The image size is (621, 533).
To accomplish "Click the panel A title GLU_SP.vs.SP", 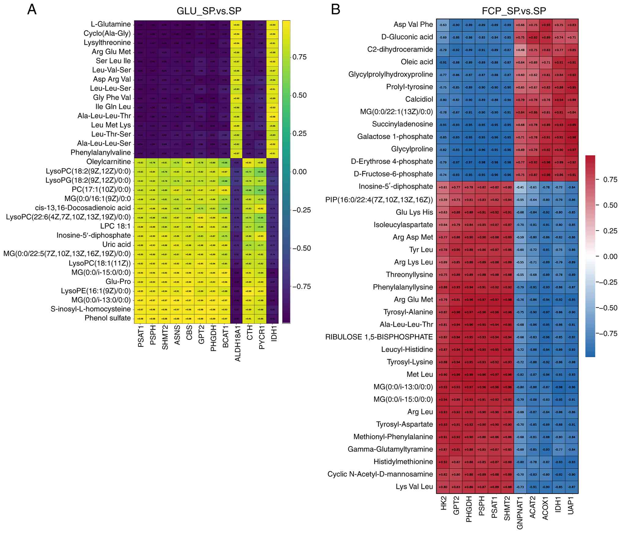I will click(209, 11).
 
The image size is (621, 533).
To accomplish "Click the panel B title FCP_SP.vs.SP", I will click(514, 11).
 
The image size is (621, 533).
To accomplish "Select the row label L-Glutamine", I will click(111, 24).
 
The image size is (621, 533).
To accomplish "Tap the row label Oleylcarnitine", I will click(108, 162).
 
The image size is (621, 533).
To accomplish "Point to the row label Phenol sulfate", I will click(108, 318).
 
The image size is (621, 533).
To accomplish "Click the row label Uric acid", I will click(116, 244).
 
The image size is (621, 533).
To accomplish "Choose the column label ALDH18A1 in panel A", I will click(238, 344).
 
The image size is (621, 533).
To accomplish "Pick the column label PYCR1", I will click(262, 337).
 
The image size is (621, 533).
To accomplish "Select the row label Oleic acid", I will click(417, 62).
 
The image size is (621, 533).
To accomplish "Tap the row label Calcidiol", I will click(419, 99).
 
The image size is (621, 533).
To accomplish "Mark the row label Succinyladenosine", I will click(402, 124).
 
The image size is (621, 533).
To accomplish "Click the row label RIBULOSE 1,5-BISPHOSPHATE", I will click(379, 337).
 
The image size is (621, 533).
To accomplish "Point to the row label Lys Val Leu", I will click(414, 487).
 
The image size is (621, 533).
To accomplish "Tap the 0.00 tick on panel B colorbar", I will click(610, 257).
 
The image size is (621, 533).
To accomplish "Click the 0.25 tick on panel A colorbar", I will click(299, 134).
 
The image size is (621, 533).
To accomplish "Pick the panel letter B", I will click(336, 10).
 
